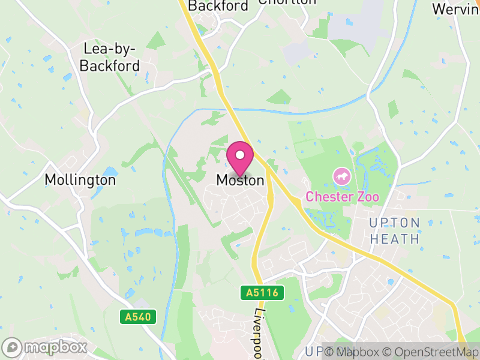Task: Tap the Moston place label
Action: point(240,180)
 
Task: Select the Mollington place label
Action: point(80,179)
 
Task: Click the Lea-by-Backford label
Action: point(110,58)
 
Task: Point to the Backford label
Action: point(218,6)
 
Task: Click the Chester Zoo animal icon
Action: point(342,177)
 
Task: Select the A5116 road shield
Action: point(262,293)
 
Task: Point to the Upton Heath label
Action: point(394,230)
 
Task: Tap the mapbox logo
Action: point(46,347)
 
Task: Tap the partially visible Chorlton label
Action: point(287,2)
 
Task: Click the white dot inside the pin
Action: point(240,155)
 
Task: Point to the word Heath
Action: point(394,239)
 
